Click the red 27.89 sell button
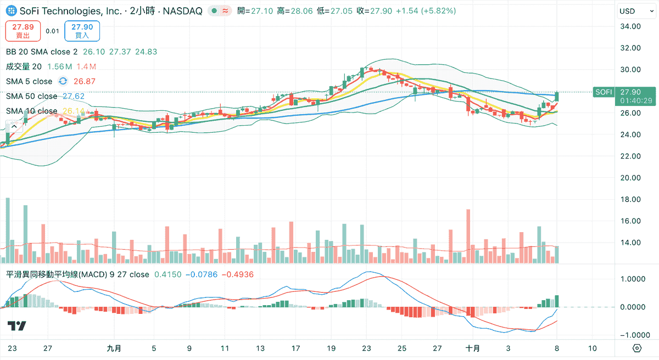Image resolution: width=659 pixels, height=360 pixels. point(23,31)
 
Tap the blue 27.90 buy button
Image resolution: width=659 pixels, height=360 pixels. point(82,31)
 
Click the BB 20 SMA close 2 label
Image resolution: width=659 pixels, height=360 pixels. point(42,52)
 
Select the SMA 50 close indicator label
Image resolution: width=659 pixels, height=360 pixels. point(32,96)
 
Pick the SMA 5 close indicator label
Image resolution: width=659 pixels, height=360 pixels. point(29,81)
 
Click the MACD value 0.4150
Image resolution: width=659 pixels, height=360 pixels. point(165,274)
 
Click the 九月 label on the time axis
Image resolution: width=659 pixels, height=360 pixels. point(114,348)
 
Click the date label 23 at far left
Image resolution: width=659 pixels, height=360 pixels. point(13,348)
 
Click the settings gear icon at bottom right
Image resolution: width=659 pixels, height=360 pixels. point(637,348)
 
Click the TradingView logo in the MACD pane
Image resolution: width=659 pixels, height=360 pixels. point(16,326)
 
